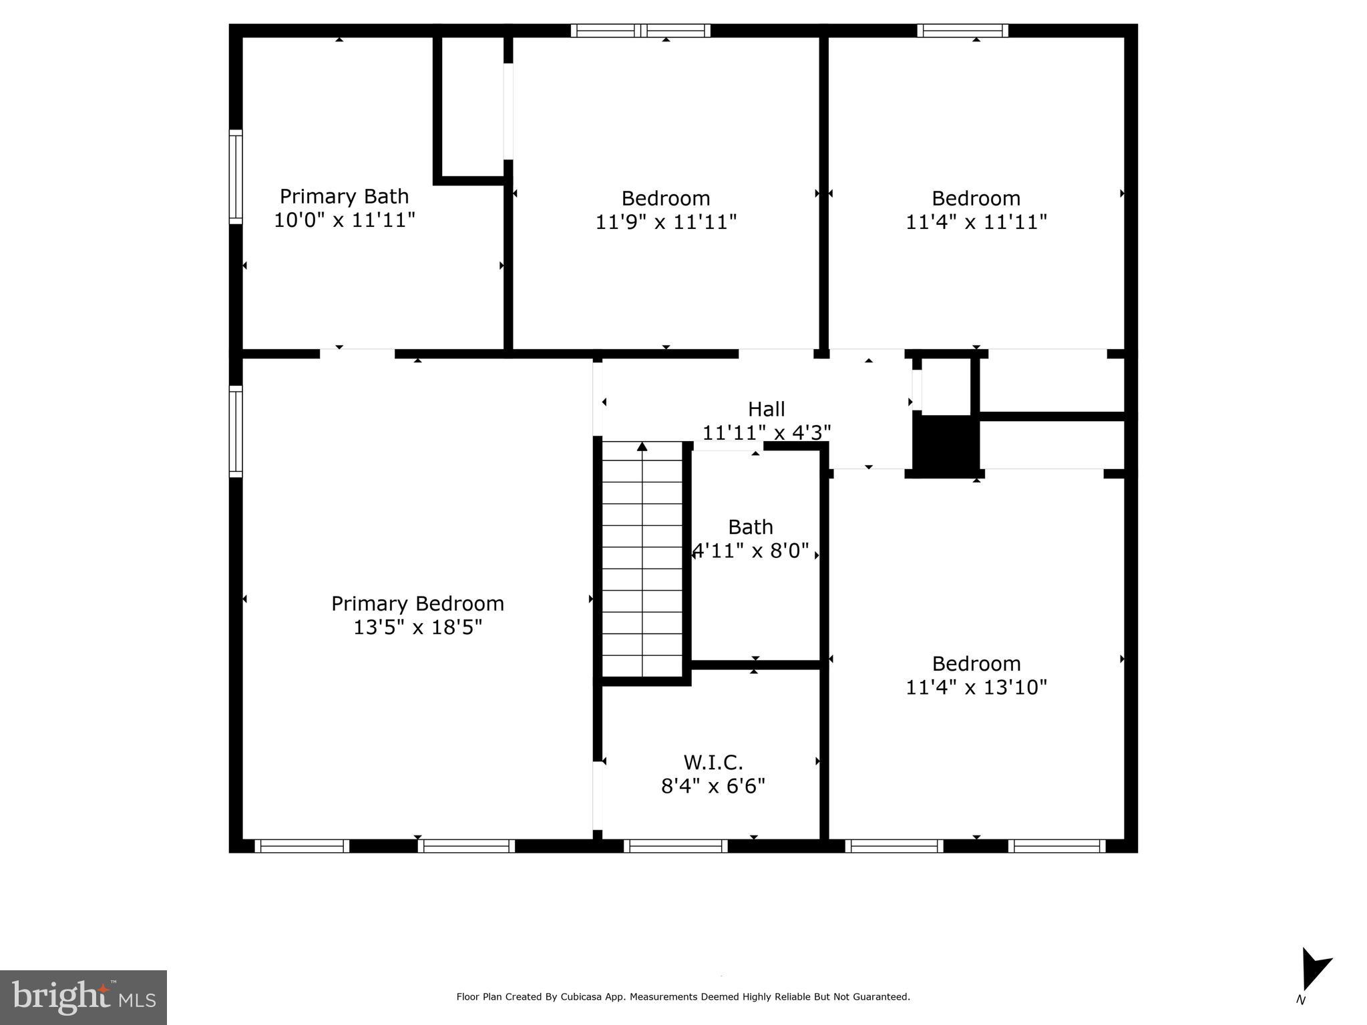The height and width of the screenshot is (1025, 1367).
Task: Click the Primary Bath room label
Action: [344, 196]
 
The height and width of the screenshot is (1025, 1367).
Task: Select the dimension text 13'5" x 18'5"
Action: [417, 627]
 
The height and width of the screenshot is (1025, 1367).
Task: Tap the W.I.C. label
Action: [713, 762]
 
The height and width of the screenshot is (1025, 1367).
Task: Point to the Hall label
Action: [766, 409]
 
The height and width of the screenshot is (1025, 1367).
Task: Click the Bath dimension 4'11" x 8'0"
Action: [751, 551]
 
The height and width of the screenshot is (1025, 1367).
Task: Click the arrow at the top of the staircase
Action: [642, 446]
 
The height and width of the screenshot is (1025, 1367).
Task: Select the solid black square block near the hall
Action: [945, 446]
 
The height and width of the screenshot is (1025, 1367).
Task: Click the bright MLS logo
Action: [83, 997]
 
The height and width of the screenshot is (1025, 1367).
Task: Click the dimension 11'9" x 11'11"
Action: [666, 222]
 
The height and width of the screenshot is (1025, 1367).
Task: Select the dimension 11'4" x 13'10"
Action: [976, 687]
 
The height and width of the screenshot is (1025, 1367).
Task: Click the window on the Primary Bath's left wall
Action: [236, 177]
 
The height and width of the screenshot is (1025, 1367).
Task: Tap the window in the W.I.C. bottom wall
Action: [676, 846]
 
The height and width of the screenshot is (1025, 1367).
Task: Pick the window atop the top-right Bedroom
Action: [962, 30]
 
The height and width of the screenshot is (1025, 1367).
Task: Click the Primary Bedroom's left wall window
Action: [236, 431]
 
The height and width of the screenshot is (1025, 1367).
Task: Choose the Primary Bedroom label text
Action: [417, 603]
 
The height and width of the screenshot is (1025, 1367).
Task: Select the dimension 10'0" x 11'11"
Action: [344, 220]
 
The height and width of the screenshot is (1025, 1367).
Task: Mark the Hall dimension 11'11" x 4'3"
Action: [766, 433]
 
